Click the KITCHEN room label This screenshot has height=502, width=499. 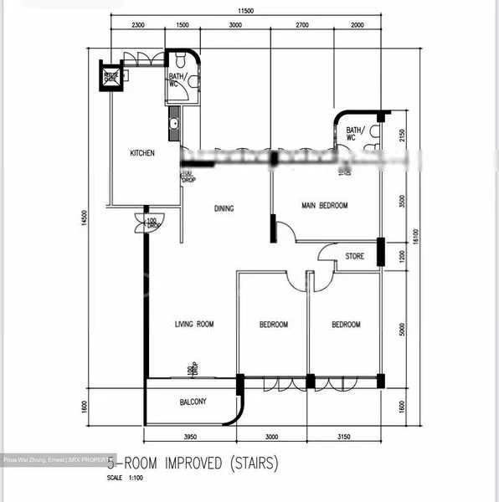pyautogui.click(x=141, y=153)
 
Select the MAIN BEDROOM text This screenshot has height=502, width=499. pyautogui.click(x=324, y=205)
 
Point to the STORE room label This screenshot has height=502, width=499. pyautogui.click(x=354, y=256)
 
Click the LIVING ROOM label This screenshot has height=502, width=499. pyautogui.click(x=194, y=325)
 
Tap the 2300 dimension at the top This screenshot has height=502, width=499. pyautogui.click(x=139, y=26)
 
